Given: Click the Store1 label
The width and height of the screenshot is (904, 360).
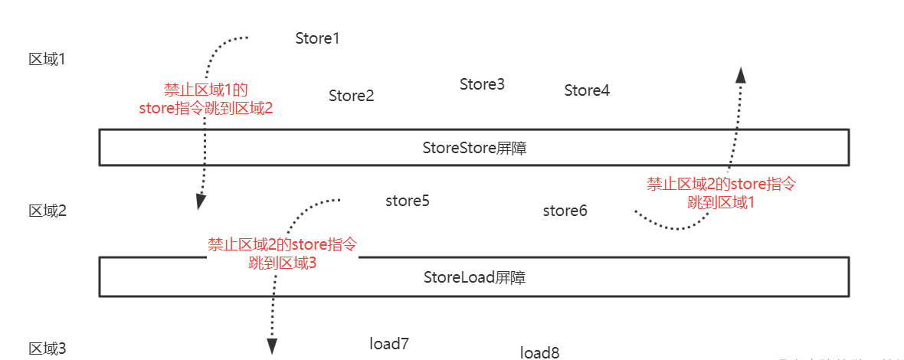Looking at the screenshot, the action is coord(317,38).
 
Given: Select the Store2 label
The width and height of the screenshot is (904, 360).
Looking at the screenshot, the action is coord(351,96).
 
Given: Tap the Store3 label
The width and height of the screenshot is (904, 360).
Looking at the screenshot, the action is coord(482,84).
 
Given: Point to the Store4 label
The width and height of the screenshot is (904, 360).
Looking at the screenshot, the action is coord(587,90).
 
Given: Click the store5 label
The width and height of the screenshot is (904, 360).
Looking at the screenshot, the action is coord(407,201).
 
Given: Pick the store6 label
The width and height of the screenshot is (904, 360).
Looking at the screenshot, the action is coord(565,210).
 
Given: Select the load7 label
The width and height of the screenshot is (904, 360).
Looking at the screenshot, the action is coord(389,344).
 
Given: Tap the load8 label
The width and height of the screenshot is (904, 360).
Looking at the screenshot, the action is coord(539,352).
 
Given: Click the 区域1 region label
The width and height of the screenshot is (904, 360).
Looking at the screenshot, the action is coord(47,59).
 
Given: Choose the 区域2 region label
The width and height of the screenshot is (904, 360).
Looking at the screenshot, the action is coord(47,211).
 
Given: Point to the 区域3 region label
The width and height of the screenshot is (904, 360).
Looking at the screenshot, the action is coord(47,349).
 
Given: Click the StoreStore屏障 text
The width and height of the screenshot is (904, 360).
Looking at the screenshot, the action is coord(474,148).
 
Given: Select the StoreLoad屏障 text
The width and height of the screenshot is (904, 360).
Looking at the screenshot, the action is coord(474,277).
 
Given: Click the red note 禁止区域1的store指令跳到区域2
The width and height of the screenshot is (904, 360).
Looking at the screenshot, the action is coord(206,99).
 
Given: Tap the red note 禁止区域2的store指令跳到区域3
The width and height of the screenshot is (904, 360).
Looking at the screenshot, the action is coord(283,254).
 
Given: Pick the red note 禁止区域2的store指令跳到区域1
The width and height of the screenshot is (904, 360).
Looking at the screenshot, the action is coord(722,193).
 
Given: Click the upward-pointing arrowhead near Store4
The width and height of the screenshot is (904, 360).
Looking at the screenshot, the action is coord(741,74).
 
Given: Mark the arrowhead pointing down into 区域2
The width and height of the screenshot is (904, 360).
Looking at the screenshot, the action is coord(201,201).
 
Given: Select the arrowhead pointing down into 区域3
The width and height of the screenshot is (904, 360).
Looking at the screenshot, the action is coord(271,347).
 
